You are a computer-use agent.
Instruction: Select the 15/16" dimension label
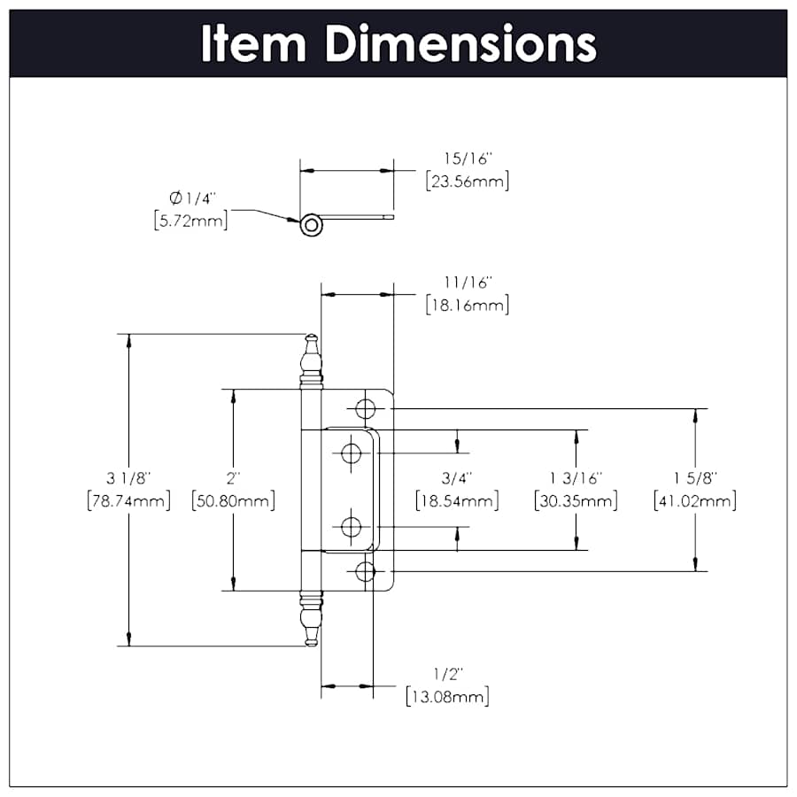(x=468, y=159)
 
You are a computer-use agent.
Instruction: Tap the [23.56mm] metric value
(x=468, y=182)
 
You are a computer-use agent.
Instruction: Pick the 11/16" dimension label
(x=468, y=282)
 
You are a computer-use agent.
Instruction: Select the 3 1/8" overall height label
(x=129, y=478)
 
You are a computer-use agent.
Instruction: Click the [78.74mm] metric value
(x=129, y=501)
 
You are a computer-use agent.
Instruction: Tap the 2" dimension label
(x=233, y=478)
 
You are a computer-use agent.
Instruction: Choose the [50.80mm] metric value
(x=233, y=501)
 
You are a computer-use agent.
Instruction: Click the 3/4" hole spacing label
(x=457, y=478)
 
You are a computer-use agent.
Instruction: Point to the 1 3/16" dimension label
(x=576, y=478)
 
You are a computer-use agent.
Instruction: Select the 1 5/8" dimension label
(x=695, y=478)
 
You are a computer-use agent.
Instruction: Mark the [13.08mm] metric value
(x=447, y=696)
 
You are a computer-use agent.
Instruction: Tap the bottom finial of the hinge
(x=311, y=619)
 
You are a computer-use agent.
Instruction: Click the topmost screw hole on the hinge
(x=364, y=408)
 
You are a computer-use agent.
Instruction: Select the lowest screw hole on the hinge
(x=364, y=572)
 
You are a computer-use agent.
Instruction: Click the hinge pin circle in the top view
(x=311, y=225)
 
